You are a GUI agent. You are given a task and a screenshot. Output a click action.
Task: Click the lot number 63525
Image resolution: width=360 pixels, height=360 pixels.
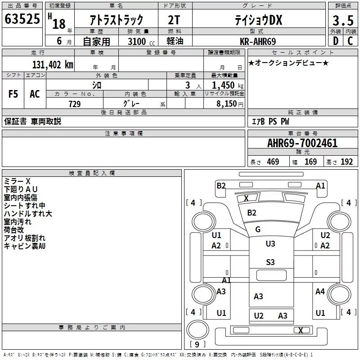pyautogui.click(x=22, y=19)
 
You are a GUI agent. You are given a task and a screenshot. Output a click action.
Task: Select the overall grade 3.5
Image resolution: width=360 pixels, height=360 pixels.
pyautogui.click(x=342, y=21)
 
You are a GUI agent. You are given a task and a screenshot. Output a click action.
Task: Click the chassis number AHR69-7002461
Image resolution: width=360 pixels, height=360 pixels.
pyautogui.click(x=302, y=144)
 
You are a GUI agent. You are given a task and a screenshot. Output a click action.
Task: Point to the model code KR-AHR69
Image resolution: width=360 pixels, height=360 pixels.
pyautogui.click(x=259, y=41)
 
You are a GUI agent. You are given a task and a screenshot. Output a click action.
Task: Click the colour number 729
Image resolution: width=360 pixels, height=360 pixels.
pyautogui.click(x=74, y=103)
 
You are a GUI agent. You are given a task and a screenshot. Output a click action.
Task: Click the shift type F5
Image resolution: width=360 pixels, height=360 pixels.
pyautogui.click(x=13, y=94)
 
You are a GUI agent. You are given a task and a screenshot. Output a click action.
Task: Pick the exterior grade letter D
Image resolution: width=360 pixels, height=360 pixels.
pyautogui.click(x=335, y=41)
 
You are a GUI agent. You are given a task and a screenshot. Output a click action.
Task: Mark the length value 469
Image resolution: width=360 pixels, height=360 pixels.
pyautogui.click(x=273, y=162)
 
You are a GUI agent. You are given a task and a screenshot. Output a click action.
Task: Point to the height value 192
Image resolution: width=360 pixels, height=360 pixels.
pyautogui.click(x=346, y=162)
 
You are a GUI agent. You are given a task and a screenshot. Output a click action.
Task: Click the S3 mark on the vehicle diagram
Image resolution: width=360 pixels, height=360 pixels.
pyautogui.click(x=270, y=262)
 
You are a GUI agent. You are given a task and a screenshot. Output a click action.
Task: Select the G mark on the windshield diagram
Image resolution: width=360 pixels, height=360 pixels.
pyautogui.click(x=258, y=229)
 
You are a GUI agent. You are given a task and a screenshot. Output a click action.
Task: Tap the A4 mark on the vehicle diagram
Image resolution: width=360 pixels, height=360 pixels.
pyautogui.click(x=320, y=292)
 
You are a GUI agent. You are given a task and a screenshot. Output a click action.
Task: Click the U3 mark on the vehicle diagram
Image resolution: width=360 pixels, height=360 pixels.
pyautogui.click(x=270, y=243)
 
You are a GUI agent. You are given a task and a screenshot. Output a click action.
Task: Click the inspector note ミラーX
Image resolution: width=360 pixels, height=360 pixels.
pyautogui.click(x=17, y=181)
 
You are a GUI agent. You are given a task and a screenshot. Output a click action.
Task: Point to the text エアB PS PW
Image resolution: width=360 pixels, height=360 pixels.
pyautogui.click(x=270, y=121)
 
